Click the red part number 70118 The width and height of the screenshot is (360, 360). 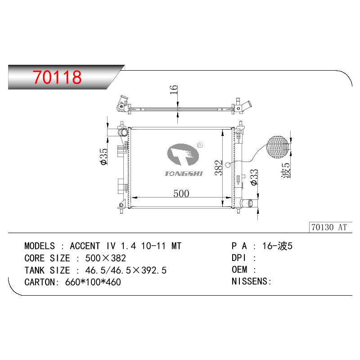[57, 77]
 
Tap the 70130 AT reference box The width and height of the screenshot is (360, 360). [330, 227]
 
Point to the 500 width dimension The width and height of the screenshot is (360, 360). [181, 193]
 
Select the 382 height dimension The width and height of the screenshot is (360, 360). [219, 167]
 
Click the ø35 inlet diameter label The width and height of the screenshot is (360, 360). [104, 157]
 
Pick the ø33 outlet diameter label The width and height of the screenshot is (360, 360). [254, 177]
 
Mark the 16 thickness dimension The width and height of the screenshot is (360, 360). [174, 89]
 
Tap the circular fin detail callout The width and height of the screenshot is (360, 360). [278, 147]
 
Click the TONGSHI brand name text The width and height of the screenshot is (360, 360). [184, 174]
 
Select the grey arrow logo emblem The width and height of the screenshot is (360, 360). [183, 154]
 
